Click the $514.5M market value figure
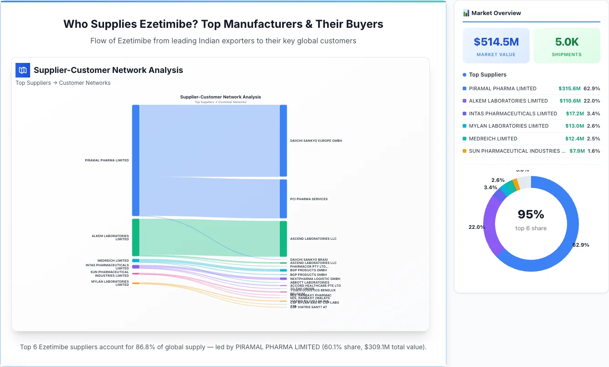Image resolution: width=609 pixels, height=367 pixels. [x=496, y=42]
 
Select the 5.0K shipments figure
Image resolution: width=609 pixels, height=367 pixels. [x=567, y=42]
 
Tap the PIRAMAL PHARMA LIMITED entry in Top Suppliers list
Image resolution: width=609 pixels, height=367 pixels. [x=502, y=88]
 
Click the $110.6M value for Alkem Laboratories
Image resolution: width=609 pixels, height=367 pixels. [x=570, y=101]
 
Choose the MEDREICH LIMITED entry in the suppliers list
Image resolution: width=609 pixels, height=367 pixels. [x=493, y=139]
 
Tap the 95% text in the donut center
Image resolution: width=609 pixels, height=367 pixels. [x=531, y=214]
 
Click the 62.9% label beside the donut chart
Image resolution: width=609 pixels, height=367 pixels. [x=580, y=245]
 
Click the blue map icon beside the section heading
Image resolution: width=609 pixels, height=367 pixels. [x=22, y=70]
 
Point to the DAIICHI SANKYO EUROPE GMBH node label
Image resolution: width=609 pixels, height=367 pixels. [x=316, y=141]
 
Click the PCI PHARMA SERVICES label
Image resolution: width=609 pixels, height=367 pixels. [x=309, y=199]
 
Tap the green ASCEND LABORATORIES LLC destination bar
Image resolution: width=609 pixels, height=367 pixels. [x=283, y=238]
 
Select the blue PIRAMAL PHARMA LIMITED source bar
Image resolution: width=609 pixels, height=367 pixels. [x=135, y=160]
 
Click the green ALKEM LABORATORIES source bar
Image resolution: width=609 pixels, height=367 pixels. [x=135, y=238]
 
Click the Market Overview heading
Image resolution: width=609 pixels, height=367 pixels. [x=496, y=13]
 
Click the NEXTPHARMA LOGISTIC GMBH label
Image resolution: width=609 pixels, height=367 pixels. [x=315, y=279]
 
